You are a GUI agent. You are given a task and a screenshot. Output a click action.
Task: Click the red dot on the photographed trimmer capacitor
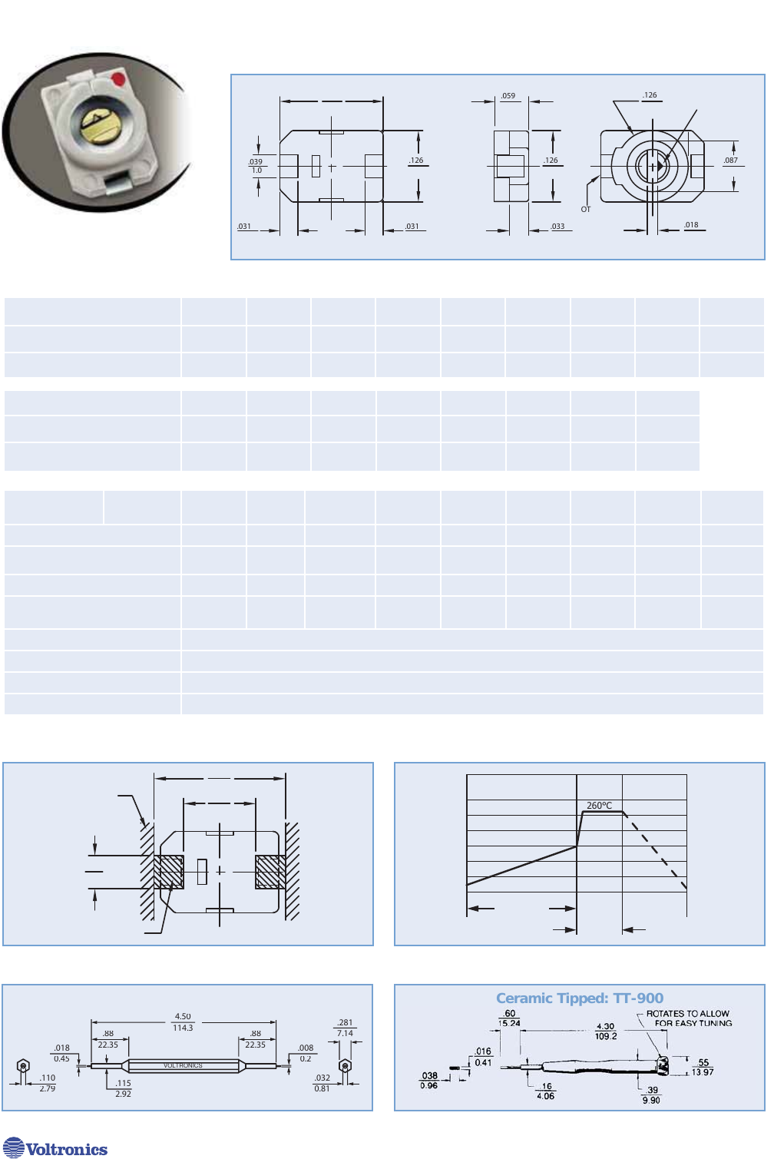click(117, 79)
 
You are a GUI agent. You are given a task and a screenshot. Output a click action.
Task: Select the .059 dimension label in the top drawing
click(508, 96)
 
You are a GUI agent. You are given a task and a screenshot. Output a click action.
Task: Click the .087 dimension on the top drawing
click(730, 161)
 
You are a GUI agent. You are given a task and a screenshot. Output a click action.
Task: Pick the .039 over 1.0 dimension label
click(256, 166)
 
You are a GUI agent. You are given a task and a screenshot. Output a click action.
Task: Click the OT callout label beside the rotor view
click(586, 209)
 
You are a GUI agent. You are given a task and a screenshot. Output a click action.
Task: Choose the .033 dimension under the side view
click(557, 227)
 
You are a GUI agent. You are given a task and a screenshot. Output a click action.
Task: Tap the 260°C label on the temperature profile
click(599, 806)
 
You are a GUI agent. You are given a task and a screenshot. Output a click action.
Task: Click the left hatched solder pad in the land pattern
click(169, 872)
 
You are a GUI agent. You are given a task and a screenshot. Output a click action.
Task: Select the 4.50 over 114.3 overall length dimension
click(183, 1022)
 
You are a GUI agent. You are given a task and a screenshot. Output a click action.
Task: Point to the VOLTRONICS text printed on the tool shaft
click(183, 1066)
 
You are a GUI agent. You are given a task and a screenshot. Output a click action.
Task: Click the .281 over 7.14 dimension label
click(345, 1028)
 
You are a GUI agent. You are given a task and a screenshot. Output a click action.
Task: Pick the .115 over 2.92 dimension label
click(123, 1088)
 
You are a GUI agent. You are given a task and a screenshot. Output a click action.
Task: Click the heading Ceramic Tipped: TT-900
click(580, 998)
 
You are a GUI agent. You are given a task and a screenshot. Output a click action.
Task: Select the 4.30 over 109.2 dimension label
click(606, 1031)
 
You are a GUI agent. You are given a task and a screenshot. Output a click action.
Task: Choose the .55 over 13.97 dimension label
click(703, 1068)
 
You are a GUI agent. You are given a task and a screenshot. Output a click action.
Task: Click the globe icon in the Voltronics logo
click(14, 1148)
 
